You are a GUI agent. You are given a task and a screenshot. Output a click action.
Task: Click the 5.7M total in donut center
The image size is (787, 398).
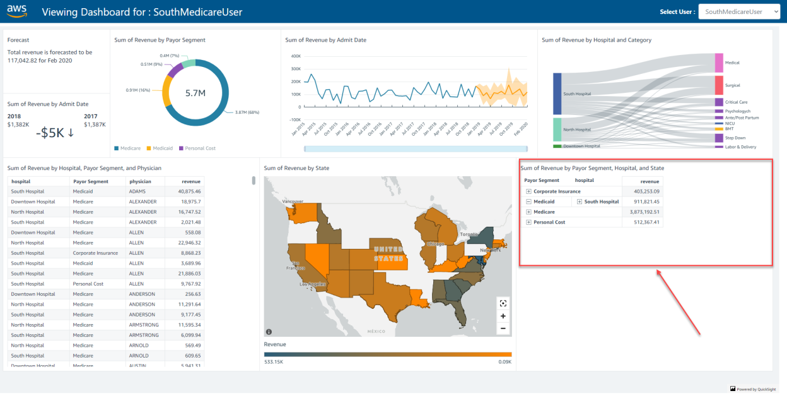pos(195,93)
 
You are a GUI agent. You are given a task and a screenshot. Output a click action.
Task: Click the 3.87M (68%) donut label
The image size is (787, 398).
pos(247,112)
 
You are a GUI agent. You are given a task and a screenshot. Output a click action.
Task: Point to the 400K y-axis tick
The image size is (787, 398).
pos(295,56)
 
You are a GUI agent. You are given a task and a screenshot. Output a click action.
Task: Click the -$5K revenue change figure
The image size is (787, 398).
pos(55,133)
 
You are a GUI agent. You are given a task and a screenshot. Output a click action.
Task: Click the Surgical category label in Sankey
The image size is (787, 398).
pos(732,85)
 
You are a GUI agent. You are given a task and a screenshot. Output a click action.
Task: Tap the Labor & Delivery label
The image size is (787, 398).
pos(740,147)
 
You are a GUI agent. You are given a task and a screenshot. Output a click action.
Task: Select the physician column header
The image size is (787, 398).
pos(140,181)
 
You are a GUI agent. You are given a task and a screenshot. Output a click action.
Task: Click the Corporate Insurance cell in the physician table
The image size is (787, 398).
pos(95,253)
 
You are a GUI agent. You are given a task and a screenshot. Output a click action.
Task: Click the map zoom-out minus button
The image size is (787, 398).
pos(503,328)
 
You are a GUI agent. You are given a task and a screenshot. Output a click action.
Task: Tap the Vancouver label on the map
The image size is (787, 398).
pos(292,201)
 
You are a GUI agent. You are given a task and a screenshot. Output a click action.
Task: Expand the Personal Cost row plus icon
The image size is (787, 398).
pos(528,222)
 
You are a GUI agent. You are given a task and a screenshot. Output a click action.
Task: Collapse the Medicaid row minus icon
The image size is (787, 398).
pos(528,202)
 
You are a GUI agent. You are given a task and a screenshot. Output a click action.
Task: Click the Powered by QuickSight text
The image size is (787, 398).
pos(757,389)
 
